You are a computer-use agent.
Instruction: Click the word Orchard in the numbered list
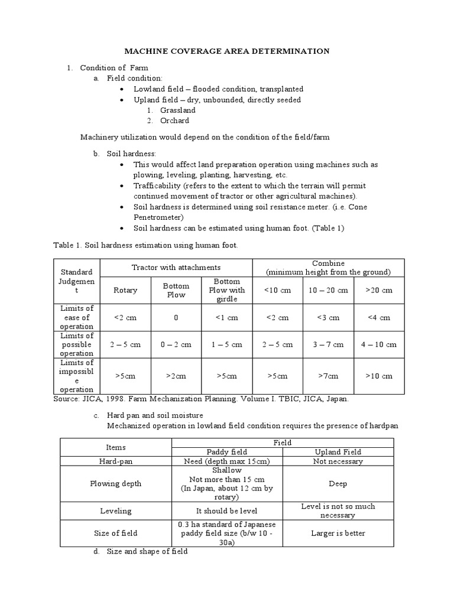pos(174,121)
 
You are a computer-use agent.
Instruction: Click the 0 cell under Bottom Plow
pos(176,317)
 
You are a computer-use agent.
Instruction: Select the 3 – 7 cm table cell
pos(328,344)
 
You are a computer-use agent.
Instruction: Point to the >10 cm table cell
pos(378,376)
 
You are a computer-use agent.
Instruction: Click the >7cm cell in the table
pos(328,376)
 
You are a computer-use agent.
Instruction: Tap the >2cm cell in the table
pos(176,376)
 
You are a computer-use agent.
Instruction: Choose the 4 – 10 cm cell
pos(378,344)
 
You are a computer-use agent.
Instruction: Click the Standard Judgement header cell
pos(77,281)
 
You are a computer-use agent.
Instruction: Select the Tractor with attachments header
pos(176,268)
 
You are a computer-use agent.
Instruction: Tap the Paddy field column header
pos(227,452)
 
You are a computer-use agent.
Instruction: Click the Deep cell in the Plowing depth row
pos(338,484)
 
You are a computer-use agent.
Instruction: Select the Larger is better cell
pos(338,533)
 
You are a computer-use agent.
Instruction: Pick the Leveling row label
pos(116,510)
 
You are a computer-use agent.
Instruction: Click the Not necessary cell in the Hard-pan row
pos(338,461)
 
